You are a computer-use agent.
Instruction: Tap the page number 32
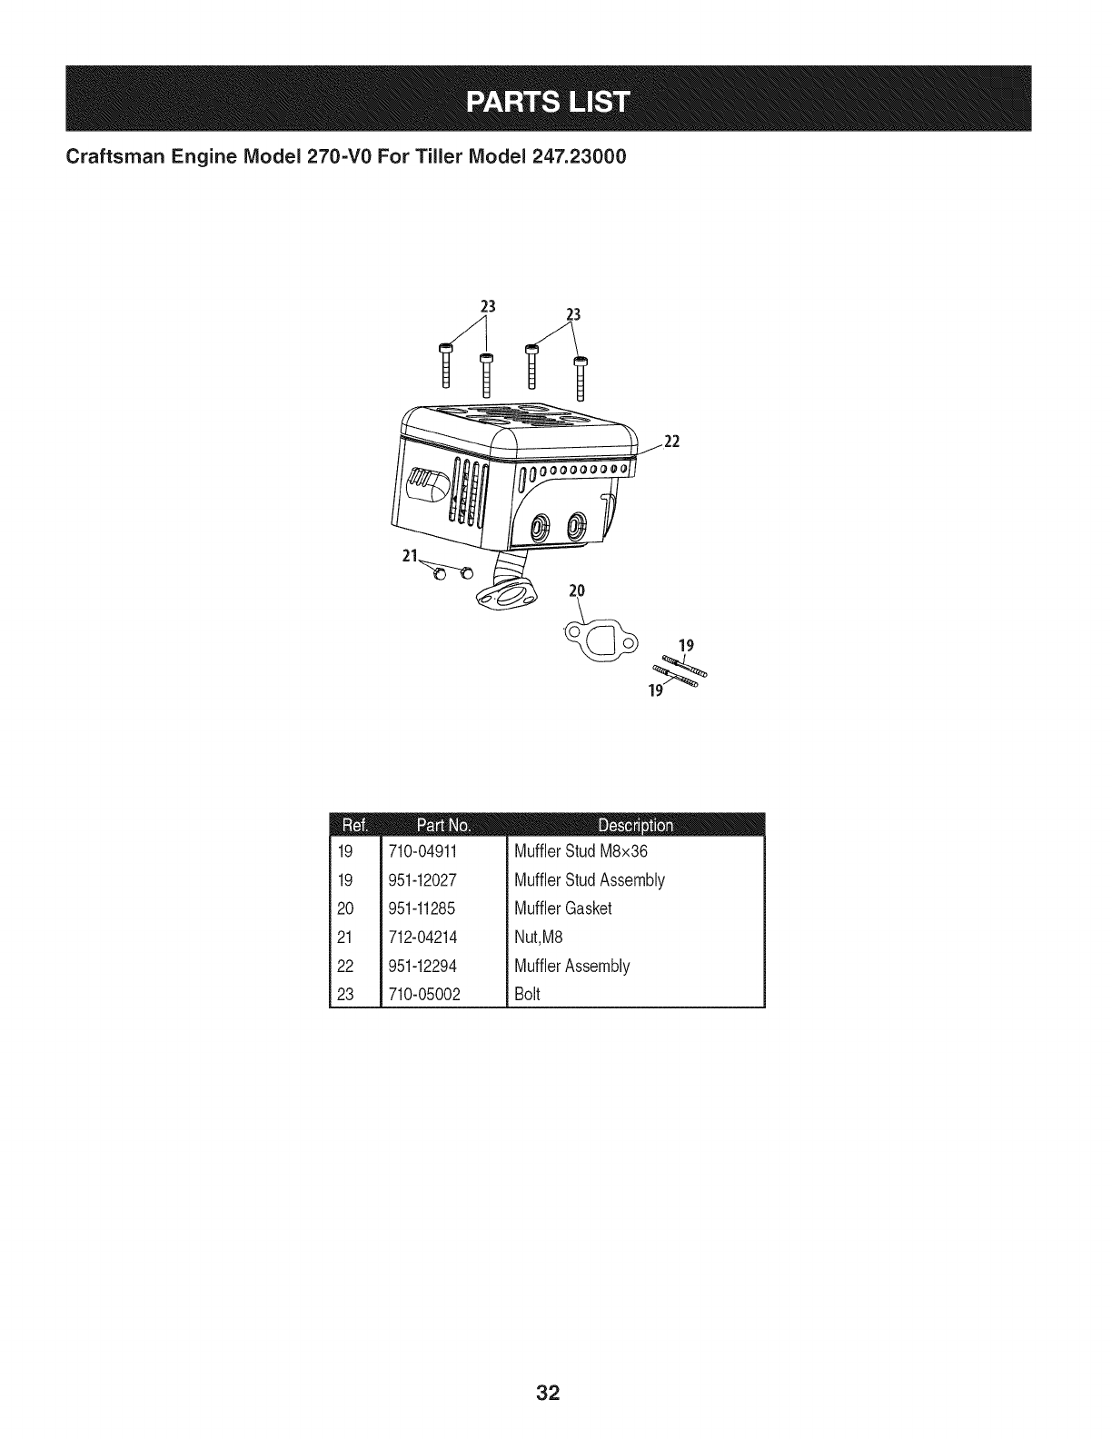(x=547, y=1394)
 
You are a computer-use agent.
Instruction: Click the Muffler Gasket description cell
(x=563, y=908)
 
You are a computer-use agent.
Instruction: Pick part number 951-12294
(x=422, y=966)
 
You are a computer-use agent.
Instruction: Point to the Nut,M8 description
(x=539, y=938)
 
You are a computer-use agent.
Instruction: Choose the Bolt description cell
(x=527, y=994)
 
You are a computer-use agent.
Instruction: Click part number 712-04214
(x=422, y=938)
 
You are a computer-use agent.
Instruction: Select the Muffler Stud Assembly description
(x=590, y=880)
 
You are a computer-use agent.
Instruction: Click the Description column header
(x=635, y=825)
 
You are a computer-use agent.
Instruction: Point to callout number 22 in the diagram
(x=672, y=442)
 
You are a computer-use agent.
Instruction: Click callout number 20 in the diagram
(x=576, y=590)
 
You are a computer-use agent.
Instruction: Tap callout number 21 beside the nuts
(x=409, y=557)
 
